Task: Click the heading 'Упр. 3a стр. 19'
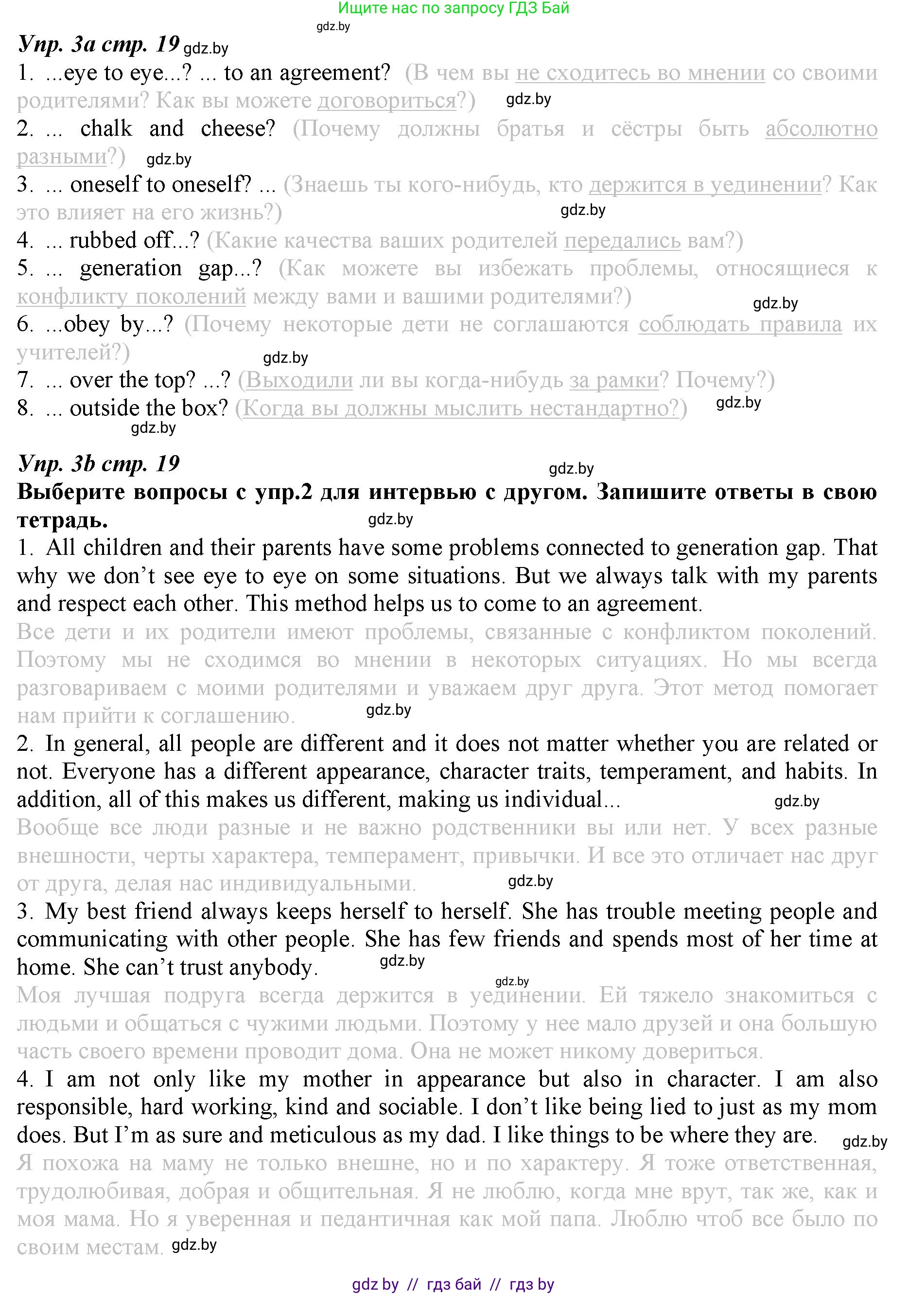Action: click(99, 43)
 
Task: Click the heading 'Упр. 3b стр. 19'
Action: click(99, 463)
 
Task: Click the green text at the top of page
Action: click(453, 8)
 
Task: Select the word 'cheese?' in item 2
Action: click(238, 128)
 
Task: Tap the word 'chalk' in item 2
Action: click(106, 128)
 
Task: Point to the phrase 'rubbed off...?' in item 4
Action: click(134, 241)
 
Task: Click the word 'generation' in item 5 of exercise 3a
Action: click(131, 268)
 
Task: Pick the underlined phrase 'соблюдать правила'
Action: click(739, 325)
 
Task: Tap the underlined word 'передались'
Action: click(622, 241)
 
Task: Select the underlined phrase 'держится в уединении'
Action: click(705, 185)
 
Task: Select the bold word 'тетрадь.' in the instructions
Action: click(62, 520)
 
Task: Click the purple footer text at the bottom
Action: click(453, 1284)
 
